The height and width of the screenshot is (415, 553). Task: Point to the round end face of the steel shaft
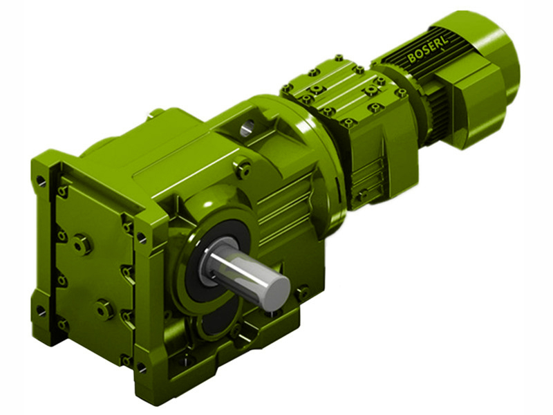[x=276, y=287]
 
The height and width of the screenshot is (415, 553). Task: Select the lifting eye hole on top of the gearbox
[x=247, y=127]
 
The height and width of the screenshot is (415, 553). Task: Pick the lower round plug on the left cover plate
[x=104, y=308]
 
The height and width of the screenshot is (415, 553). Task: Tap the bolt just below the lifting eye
[x=243, y=167]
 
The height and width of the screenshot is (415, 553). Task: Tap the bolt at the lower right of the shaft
[x=301, y=293]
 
